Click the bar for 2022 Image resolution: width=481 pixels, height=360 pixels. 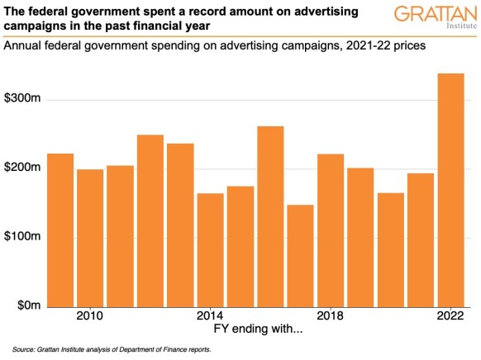click(x=450, y=190)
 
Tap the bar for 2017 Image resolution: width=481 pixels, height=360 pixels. click(x=300, y=255)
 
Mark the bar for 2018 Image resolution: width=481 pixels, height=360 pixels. click(x=331, y=230)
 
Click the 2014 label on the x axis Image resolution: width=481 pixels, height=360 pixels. click(x=210, y=316)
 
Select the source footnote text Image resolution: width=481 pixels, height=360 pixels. click(x=112, y=350)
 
